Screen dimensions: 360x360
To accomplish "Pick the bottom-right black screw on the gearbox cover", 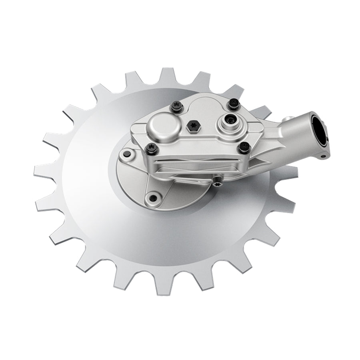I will click(x=242, y=148).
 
